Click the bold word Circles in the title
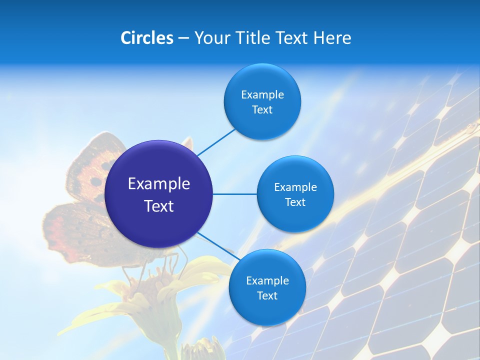(146, 38)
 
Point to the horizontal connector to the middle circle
(234, 194)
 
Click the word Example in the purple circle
(159, 184)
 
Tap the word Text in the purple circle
(159, 206)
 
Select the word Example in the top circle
(262, 95)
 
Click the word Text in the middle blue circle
(295, 202)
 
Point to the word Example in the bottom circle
(267, 281)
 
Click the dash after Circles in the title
(183, 38)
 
